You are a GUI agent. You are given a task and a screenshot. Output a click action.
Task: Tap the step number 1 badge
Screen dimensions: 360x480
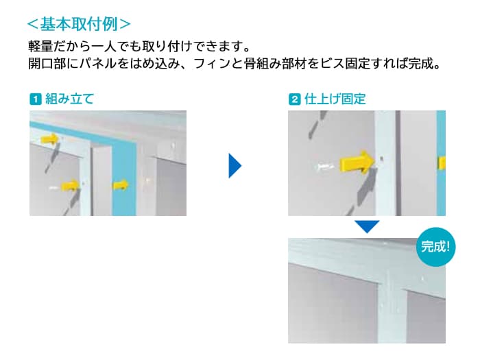[34, 99]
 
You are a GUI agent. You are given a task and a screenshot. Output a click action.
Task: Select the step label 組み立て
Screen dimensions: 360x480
[69, 99]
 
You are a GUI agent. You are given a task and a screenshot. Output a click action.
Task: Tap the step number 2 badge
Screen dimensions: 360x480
[294, 99]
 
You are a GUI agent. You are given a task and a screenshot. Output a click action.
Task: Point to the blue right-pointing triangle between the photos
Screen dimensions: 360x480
[235, 165]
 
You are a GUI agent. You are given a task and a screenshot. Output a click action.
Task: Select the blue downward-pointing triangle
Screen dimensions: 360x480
[367, 226]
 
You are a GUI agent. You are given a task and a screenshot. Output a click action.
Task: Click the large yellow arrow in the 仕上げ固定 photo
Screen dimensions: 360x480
[357, 163]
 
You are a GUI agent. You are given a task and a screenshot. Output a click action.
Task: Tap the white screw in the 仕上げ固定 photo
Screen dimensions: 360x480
[324, 167]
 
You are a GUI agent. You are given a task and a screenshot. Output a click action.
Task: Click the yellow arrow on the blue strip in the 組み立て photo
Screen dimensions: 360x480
[121, 183]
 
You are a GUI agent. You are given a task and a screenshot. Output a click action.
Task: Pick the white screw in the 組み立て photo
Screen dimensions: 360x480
[55, 186]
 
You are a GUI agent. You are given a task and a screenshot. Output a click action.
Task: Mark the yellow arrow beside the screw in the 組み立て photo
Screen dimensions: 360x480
[71, 184]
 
